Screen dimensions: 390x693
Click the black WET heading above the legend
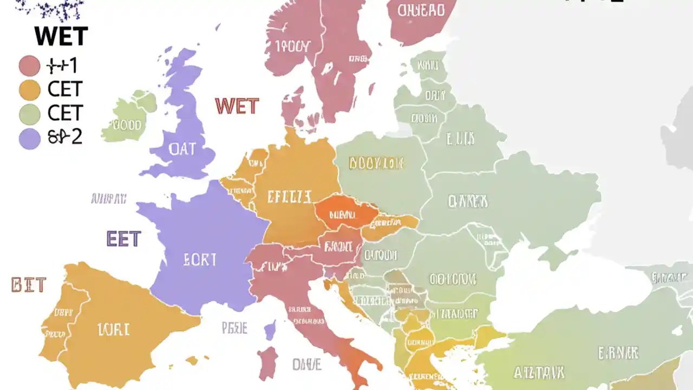[61, 37]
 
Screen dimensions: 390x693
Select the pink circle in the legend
[30, 66]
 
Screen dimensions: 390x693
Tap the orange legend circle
[30, 90]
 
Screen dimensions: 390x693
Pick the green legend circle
[30, 114]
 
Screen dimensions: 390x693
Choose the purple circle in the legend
[30, 138]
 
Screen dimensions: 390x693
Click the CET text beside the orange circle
[65, 89]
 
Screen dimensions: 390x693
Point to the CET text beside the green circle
[65, 113]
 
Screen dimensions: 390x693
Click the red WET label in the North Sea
[237, 106]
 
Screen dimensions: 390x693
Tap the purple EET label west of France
[124, 239]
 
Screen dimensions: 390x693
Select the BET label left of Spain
[29, 285]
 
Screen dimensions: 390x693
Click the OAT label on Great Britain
[182, 149]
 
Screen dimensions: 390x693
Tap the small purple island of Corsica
[270, 330]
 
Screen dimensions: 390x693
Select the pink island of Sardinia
[267, 363]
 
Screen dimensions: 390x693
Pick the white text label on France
[200, 260]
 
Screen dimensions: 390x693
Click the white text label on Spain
[113, 329]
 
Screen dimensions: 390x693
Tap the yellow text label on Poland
[376, 162]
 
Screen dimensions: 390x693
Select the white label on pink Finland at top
[421, 10]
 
